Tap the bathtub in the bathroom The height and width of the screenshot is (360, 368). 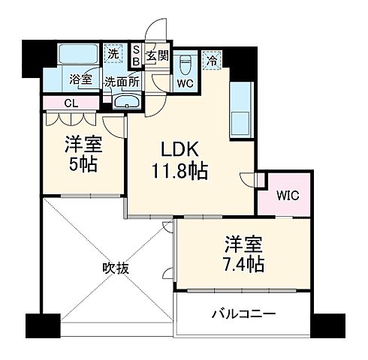tap(77, 56)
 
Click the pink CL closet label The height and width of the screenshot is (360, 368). tap(69, 103)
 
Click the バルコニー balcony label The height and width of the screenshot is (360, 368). tap(243, 313)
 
